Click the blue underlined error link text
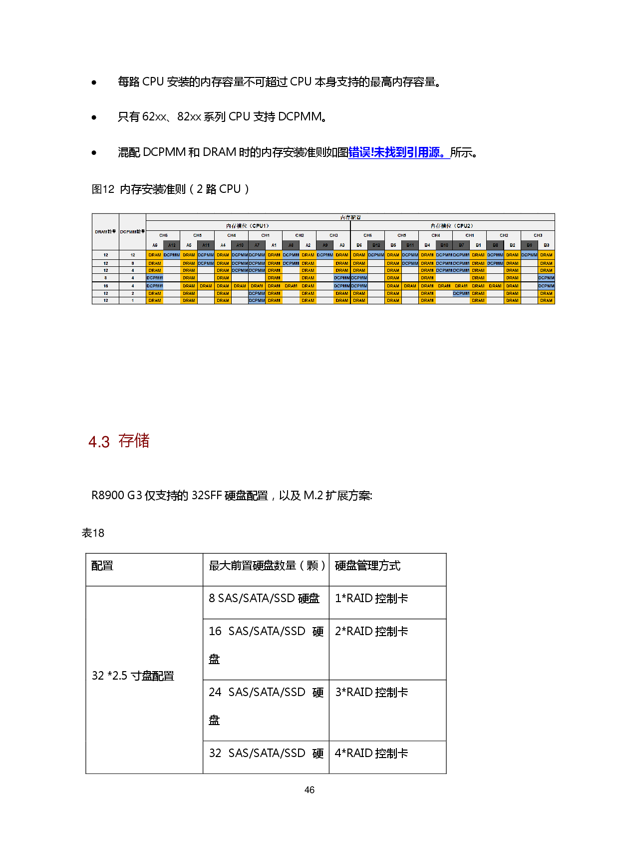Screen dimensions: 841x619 (x=399, y=153)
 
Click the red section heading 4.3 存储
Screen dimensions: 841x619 (x=119, y=441)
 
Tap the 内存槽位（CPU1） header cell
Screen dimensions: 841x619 (x=248, y=226)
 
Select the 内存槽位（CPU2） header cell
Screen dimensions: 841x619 (x=452, y=226)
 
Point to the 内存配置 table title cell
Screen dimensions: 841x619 (x=350, y=217)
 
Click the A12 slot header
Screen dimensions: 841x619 (x=172, y=245)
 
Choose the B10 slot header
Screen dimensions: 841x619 (x=444, y=245)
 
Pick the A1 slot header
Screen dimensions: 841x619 (x=274, y=245)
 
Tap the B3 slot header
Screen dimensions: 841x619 (x=547, y=245)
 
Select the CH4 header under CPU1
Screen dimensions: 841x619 (x=232, y=235)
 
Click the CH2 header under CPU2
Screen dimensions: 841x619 (x=504, y=235)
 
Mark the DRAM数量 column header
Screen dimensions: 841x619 (x=105, y=232)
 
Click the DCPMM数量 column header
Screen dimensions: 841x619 (x=132, y=232)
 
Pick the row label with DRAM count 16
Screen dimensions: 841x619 (x=105, y=286)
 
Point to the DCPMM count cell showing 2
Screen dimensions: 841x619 (x=132, y=293)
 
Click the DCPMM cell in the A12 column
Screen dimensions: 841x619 (x=172, y=255)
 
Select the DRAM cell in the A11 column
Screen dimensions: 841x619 (x=206, y=286)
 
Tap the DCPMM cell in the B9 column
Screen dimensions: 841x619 (x=529, y=255)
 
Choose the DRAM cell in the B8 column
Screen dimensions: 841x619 (x=495, y=286)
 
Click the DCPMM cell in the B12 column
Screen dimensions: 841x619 (x=376, y=255)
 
